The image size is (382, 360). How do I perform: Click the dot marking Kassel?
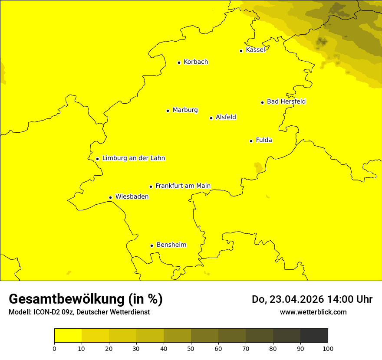pyautogui.click(x=241, y=51)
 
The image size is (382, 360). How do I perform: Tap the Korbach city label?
pyautogui.click(x=196, y=62)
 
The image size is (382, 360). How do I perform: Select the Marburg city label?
pyautogui.click(x=185, y=110)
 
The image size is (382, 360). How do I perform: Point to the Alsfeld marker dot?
pyautogui.click(x=211, y=118)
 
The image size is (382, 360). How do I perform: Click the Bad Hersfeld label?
pyautogui.click(x=286, y=101)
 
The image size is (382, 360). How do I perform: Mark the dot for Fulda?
pyautogui.click(x=251, y=141)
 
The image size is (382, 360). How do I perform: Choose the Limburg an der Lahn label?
pyautogui.click(x=134, y=158)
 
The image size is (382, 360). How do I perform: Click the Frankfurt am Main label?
pyautogui.click(x=183, y=186)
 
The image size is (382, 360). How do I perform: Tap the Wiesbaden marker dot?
pyautogui.click(x=110, y=197)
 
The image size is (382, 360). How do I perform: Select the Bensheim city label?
pyautogui.click(x=171, y=245)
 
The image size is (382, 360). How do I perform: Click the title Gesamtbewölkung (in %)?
pyautogui.click(x=86, y=299)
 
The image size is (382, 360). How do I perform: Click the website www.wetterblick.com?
pyautogui.click(x=313, y=312)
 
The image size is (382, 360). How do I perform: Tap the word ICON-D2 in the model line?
pyautogui.click(x=49, y=312)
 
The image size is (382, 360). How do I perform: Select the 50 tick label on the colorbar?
pyautogui.click(x=191, y=348)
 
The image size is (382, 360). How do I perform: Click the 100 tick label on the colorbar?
pyautogui.click(x=328, y=348)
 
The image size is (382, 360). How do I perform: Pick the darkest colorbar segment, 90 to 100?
pyautogui.click(x=314, y=336)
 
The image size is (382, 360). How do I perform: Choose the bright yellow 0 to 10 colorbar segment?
pyautogui.click(x=68, y=336)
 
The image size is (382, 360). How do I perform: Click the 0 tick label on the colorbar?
pyautogui.click(x=54, y=348)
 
